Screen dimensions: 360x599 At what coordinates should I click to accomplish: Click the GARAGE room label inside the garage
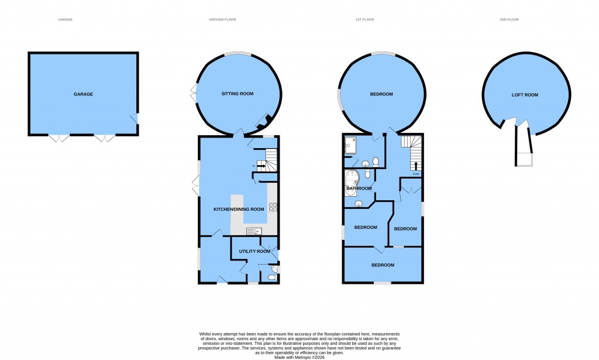coord(83,94)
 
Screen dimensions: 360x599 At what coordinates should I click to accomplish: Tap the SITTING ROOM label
coord(237,94)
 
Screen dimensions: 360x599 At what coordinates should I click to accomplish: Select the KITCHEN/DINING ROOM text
coord(239,209)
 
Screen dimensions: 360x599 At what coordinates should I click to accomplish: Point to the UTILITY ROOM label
coord(255,251)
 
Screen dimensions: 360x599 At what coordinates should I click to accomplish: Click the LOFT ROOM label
coord(525,94)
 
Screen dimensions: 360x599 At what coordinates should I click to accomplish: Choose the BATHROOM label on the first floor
coord(359,188)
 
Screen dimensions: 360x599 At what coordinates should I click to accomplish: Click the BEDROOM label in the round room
coord(381,94)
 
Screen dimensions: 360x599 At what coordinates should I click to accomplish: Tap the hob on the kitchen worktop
coord(273,207)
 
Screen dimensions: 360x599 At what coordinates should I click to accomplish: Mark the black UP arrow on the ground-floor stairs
coord(262,167)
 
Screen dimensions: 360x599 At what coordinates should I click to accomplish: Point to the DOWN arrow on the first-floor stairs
coord(416,166)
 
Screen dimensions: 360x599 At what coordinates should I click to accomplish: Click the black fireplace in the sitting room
coord(267,121)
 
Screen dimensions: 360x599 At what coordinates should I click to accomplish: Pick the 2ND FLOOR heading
coord(509,19)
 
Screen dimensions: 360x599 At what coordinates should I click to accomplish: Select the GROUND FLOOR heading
coord(222,19)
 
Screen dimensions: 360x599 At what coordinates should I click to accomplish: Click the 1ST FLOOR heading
coord(366,19)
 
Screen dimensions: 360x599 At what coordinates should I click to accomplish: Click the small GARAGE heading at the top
coord(66,19)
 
